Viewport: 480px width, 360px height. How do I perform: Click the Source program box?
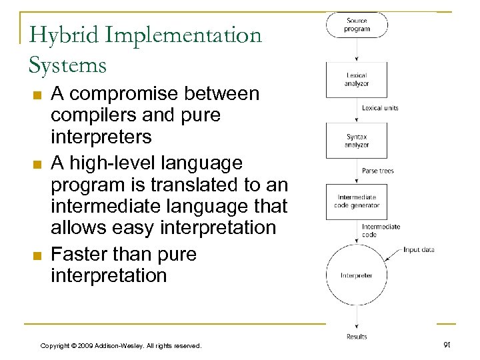pos(357,25)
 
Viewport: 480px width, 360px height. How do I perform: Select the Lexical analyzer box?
pos(357,79)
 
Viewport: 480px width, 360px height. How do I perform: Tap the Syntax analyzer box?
pos(357,141)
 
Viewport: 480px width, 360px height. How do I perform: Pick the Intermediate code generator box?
pos(357,201)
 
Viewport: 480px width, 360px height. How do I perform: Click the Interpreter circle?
pos(357,275)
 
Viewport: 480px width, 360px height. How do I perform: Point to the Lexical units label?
pos(380,108)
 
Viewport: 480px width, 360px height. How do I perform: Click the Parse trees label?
pos(377,171)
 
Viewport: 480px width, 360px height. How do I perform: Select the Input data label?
pos(419,250)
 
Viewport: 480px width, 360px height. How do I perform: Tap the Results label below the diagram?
pos(357,337)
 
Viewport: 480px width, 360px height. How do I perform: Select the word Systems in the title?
pos(67,65)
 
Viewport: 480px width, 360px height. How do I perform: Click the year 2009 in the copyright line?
pos(84,345)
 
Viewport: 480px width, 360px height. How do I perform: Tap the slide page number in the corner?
pos(447,344)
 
